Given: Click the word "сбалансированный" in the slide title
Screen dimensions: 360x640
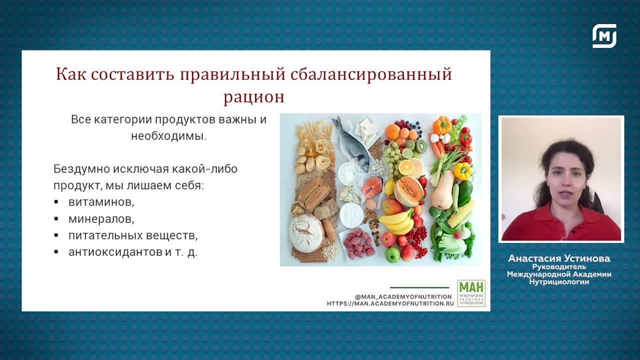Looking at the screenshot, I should pos(370,74).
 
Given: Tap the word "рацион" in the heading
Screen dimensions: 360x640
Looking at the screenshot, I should pos(253,96).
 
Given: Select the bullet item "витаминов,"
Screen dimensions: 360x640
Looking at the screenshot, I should pos(101,202).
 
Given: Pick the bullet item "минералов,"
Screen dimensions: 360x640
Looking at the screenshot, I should pos(101,219).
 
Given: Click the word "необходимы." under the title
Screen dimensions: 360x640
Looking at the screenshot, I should pos(168,136).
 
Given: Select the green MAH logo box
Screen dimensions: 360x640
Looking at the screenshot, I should pos(471,293).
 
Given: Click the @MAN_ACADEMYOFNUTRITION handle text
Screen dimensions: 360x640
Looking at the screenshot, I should pos(403,296).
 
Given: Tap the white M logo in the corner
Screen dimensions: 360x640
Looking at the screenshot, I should pos(604,36).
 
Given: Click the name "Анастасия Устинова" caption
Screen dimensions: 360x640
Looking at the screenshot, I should pos(559,258).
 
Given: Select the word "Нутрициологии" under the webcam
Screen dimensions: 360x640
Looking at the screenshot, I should pos(559,282).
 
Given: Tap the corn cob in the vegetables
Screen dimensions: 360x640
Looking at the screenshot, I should pos(460,213).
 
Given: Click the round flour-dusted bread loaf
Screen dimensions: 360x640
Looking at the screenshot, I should pos(306,233).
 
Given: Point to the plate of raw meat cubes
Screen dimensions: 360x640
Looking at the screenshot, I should pos(358,243).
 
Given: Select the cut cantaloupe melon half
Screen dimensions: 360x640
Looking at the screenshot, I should pos(408,191).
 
